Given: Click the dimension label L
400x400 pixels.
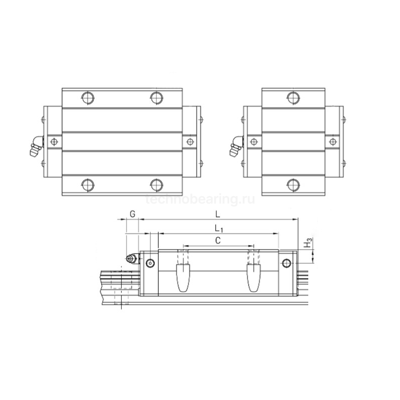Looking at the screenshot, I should coord(217,214).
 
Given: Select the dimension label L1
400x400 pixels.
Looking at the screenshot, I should coord(217,229).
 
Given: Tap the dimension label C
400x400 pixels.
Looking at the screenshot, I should coord(217,241).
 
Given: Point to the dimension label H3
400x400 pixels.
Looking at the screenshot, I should coord(308,244).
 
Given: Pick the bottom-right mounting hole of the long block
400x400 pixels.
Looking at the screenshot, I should coord(157,184).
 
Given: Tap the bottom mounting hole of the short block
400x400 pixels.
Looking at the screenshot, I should coord(294,184).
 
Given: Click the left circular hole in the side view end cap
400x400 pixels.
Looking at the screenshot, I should coord(150,263).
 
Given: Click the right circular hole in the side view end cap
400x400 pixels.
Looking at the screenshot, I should coord(287,263).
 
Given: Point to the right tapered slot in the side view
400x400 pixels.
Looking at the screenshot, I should coord(253,277).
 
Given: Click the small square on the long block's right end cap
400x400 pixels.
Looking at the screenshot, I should coord(190,141).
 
